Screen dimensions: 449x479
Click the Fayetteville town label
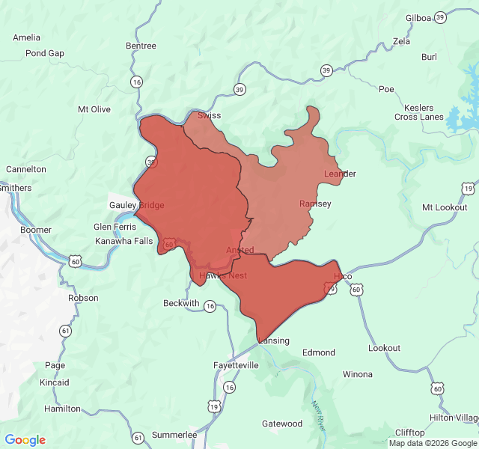coord(236,365)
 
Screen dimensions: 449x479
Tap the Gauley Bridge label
coord(136,205)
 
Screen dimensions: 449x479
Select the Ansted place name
coord(239,250)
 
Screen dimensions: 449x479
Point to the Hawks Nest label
coord(222,275)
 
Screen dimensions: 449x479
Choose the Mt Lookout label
coord(444,207)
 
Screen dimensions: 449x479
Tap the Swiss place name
coord(209,116)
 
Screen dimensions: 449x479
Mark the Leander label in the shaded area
coord(340,174)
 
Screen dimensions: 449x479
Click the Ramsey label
coord(315,204)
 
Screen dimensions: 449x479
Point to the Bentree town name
coord(141,46)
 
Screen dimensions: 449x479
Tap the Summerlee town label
coord(174,435)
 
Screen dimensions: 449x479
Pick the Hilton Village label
coord(454,418)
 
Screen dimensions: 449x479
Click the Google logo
coord(25,440)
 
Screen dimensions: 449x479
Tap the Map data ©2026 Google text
coord(432,443)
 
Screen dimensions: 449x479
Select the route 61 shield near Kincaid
coord(66,330)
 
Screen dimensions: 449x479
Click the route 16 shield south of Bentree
coord(135,82)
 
